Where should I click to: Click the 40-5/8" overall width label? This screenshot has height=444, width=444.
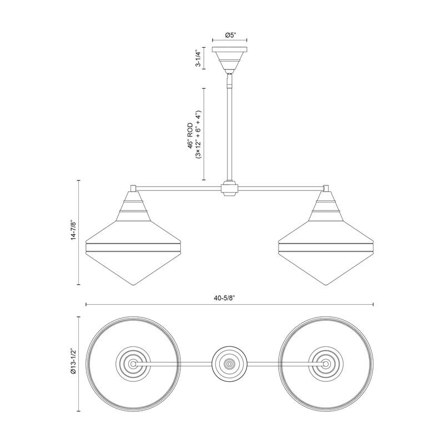(229, 297)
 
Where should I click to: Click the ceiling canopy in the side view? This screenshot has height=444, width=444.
(229, 58)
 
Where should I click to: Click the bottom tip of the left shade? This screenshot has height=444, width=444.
(134, 285)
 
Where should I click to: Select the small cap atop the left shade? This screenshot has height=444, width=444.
(134, 188)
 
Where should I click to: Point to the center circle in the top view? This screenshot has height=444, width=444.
(229, 364)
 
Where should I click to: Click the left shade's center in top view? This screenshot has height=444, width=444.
(134, 364)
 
